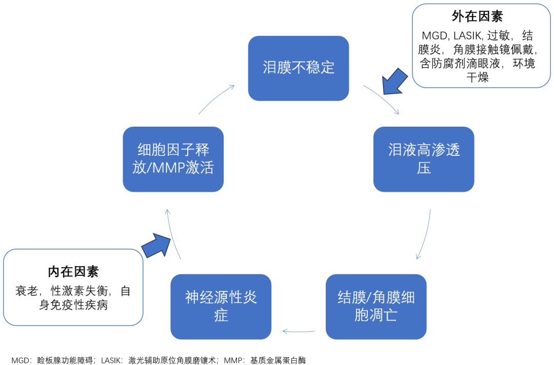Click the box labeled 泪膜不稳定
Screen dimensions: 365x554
coord(298,68)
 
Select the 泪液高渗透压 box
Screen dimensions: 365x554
coord(424,159)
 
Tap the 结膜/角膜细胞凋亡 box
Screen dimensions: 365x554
coord(376,306)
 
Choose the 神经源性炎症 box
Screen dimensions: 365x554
coord(221,306)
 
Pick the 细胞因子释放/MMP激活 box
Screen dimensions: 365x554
coord(173,159)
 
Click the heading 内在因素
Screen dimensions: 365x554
coord(73,271)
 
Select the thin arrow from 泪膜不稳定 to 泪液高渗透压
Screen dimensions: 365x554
coord(382,98)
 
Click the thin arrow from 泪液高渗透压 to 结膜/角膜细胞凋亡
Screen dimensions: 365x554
coord(425,234)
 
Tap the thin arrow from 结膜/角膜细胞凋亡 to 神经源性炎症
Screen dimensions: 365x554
coord(305,331)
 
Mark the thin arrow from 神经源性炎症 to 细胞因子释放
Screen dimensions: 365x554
coord(172,233)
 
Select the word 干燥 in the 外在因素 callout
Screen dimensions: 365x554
coord(477,77)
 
